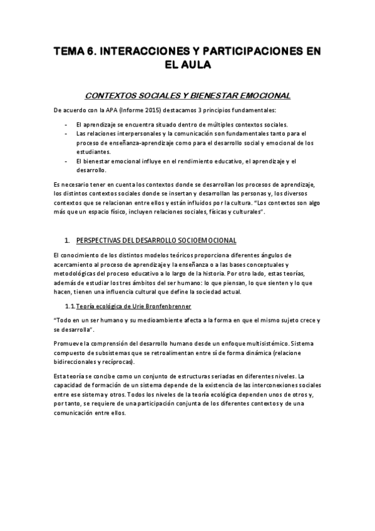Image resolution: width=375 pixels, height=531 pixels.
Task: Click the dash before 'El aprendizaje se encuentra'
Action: pos(66,124)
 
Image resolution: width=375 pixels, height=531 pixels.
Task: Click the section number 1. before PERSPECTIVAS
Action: pos(68,240)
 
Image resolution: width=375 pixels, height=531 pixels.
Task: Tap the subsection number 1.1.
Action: pos(70,307)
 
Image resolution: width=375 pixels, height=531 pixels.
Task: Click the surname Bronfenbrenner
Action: pos(166,307)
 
